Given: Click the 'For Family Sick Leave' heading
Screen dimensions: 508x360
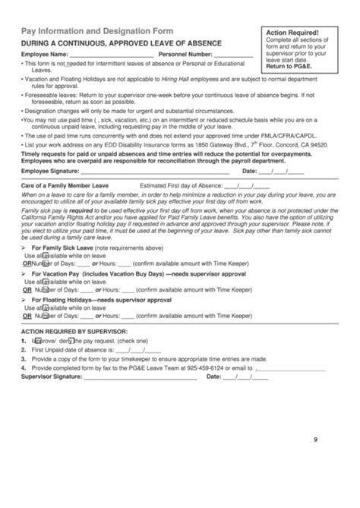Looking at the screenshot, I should tap(62, 226).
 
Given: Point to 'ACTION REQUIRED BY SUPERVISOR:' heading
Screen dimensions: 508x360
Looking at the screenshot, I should tap(74, 311).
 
